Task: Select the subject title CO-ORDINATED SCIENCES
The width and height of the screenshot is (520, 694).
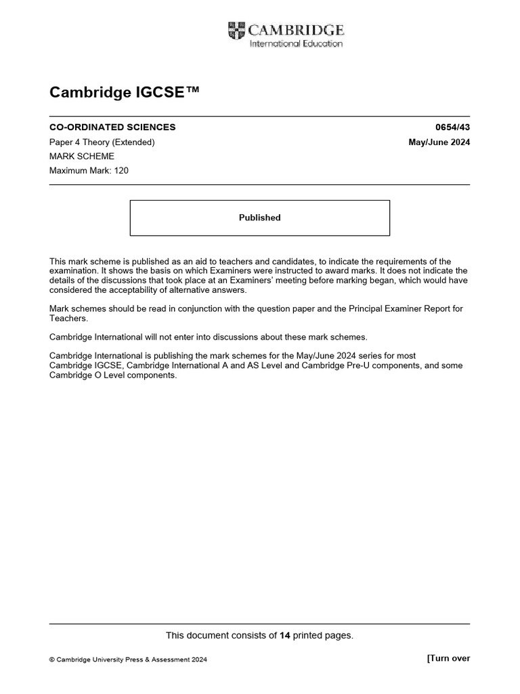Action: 112,127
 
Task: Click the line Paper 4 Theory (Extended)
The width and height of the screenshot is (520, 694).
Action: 102,142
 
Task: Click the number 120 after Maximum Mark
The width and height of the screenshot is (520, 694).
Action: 121,171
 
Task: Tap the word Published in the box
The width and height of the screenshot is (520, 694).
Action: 259,218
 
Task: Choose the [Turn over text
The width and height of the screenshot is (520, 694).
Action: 448,658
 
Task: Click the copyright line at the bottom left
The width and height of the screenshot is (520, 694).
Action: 129,659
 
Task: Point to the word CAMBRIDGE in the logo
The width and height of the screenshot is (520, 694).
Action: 296,30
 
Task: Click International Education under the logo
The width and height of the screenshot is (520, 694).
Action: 297,44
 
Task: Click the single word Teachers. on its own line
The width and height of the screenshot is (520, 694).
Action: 68,318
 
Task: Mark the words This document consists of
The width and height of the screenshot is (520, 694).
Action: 221,635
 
